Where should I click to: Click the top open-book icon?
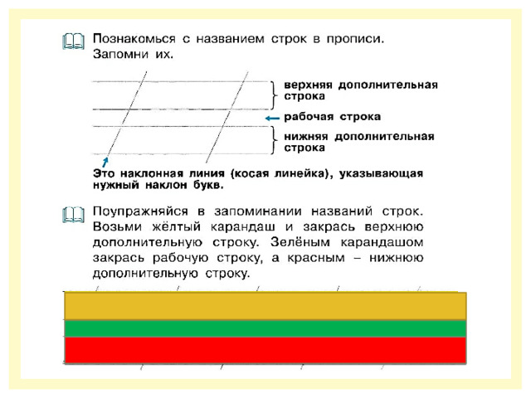74,41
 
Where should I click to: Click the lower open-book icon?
74,215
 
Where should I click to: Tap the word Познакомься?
134,39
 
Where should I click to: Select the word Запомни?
120,54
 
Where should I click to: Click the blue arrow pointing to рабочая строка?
272,118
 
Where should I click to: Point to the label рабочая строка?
332,117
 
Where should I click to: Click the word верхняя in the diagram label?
308,85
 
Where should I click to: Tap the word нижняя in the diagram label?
306,136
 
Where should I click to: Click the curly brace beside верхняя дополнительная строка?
274,95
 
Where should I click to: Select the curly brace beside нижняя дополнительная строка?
274,140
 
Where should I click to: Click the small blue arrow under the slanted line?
105,163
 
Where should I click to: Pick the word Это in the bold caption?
105,173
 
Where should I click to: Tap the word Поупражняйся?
140,211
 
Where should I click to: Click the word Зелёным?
300,242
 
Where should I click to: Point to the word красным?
316,258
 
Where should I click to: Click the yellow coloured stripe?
265,306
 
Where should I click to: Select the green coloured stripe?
265,328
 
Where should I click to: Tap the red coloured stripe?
265,350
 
